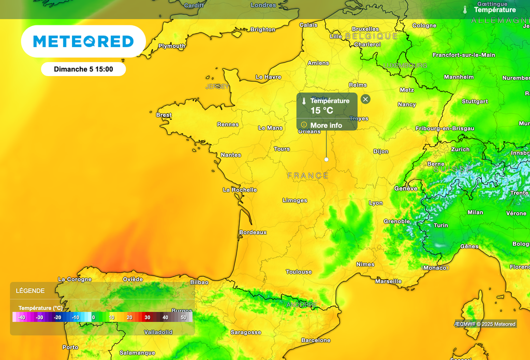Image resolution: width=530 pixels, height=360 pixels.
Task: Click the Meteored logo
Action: pos(83,41)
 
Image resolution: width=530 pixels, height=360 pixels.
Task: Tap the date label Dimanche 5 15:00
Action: pos(83,69)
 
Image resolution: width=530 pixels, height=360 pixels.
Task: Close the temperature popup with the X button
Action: pos(365,99)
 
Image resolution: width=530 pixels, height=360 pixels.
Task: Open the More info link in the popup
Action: pos(326,125)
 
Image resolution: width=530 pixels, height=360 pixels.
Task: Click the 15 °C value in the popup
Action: pos(321,111)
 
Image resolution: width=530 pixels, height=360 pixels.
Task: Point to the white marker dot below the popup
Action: pos(326,159)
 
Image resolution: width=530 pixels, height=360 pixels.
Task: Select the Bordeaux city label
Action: pos(253,233)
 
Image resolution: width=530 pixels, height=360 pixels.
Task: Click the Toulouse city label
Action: pos(299,272)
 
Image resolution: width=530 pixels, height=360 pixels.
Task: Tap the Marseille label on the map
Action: pos(388,281)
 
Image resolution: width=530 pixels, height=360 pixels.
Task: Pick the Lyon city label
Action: pos(376,203)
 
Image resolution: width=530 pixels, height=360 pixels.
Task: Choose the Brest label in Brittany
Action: pos(164,115)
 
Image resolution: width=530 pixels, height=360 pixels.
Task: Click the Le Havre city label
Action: pos(268,77)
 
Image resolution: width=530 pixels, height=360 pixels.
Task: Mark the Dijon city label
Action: pos(380,152)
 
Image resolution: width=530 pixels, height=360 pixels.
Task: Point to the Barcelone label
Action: pos(316,340)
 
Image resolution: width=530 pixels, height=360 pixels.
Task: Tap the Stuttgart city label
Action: pos(475,101)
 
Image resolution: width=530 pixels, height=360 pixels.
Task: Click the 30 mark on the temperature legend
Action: pos(148,317)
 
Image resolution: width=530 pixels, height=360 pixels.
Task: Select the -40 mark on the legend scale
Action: pos(21,317)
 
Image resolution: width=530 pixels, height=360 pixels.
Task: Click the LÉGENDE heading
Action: pos(30,291)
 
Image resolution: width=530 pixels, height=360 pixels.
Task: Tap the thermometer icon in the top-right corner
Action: pos(465,9)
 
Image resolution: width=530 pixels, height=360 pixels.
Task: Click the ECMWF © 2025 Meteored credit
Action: pos(485,324)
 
